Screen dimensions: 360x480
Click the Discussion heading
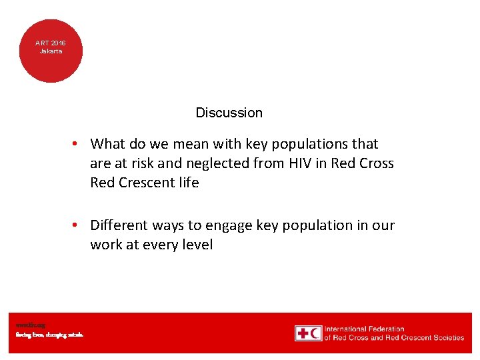[229, 113]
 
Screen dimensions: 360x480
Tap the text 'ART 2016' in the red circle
[51, 43]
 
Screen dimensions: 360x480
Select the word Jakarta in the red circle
[51, 51]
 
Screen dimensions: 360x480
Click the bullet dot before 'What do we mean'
[77, 144]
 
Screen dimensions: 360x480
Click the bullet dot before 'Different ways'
[77, 225]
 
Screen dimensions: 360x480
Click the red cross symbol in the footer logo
[303, 333]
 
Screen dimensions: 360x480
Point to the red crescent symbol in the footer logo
[315, 333]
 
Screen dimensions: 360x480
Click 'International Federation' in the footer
[364, 329]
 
